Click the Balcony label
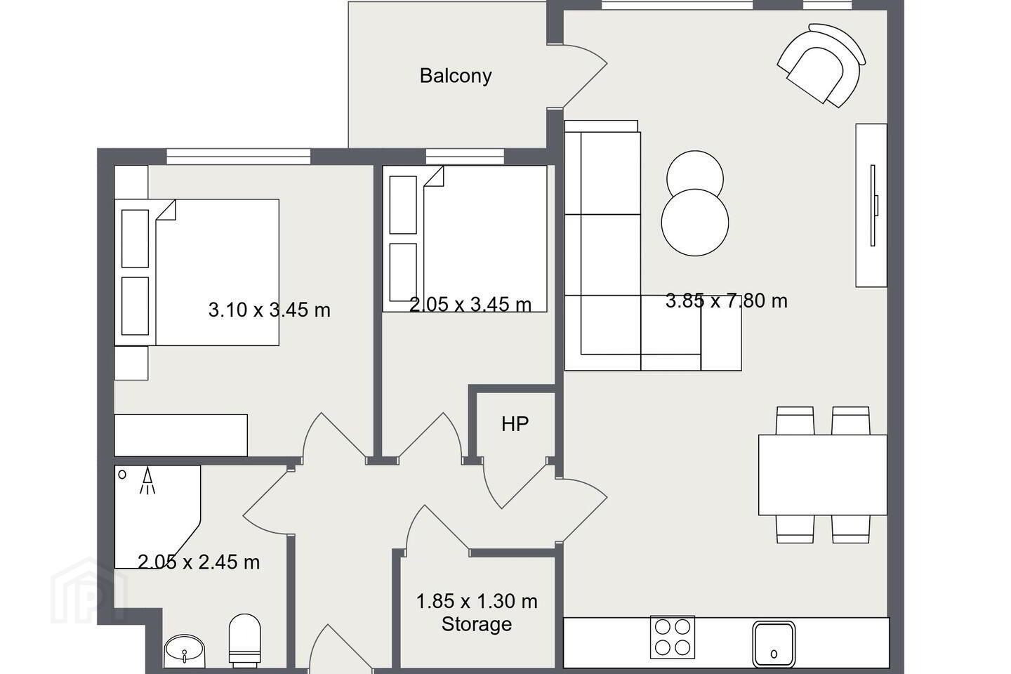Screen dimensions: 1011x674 456,76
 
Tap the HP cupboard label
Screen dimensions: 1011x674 515,423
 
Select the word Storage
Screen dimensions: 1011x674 477,624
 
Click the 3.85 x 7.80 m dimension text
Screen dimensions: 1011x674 726,300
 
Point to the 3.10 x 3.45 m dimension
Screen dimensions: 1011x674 270,310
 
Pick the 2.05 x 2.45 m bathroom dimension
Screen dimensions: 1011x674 199,562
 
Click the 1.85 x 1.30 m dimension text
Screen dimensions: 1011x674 477,601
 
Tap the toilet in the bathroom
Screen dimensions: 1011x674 245,640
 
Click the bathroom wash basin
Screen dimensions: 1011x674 185,651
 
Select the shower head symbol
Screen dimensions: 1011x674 147,481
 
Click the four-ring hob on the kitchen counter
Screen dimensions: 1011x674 673,637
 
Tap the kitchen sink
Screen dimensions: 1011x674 774,645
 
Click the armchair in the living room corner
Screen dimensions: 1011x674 821,66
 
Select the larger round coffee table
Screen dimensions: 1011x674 695,223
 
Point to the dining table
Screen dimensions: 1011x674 823,475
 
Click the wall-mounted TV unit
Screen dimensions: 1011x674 871,206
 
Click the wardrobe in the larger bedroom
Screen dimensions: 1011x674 181,435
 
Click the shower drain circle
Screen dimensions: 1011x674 122,475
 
